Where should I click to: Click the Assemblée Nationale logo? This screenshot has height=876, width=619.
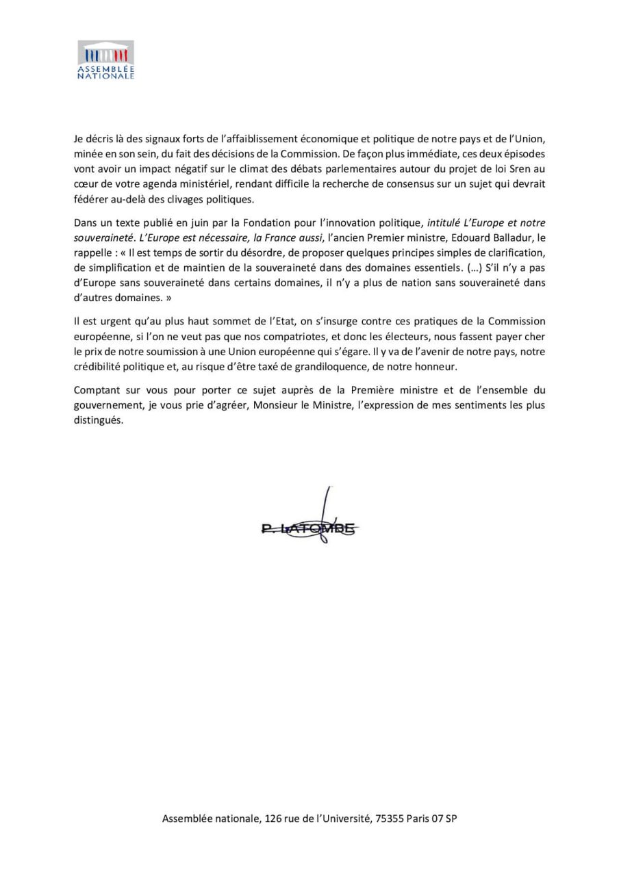105,60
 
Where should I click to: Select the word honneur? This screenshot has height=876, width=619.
432,366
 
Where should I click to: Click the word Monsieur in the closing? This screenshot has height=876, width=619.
293,406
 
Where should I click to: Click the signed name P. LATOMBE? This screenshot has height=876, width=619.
307,528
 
